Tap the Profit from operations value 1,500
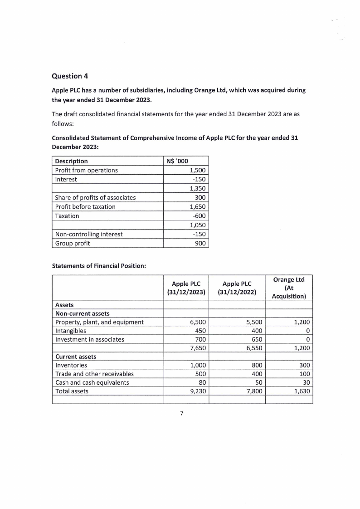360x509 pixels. (198, 170)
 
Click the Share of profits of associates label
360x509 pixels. (95, 197)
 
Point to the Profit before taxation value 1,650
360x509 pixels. (198, 206)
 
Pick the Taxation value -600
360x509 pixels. (199, 216)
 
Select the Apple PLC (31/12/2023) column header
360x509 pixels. (186, 288)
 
